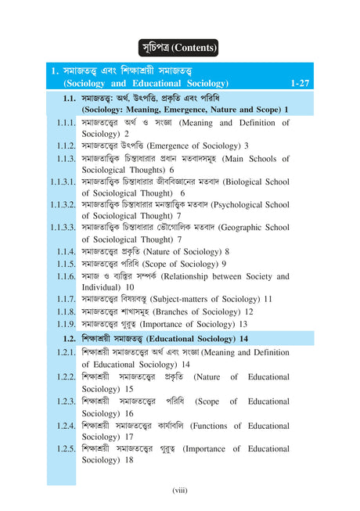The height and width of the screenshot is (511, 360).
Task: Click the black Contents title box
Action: click(x=178, y=48)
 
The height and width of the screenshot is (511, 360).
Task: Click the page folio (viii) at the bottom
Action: click(x=180, y=491)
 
